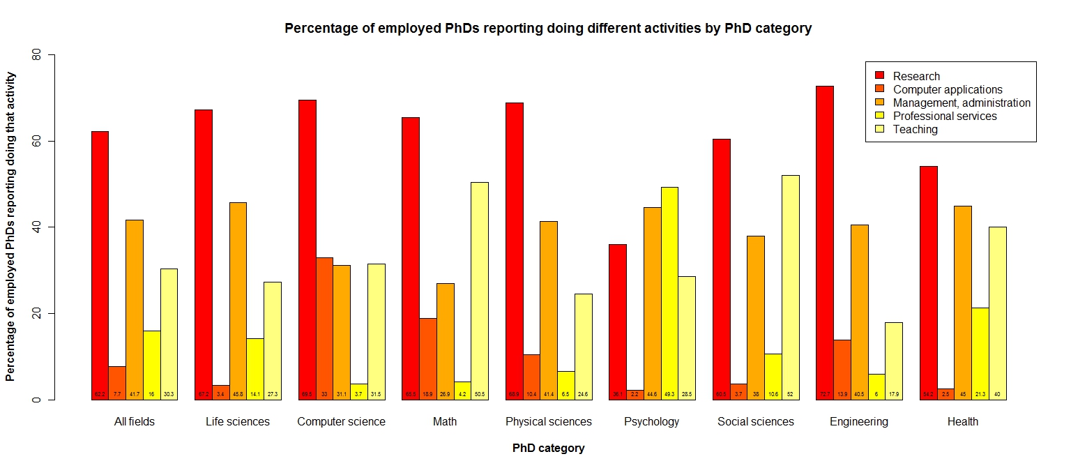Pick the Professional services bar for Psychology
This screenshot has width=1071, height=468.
669,294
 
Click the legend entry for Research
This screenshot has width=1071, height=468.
916,76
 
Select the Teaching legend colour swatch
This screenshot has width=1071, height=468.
879,129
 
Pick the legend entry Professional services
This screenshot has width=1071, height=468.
945,116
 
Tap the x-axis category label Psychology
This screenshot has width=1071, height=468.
651,422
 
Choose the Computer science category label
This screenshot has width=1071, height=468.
341,422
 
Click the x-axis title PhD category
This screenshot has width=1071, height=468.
548,448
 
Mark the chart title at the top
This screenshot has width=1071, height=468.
548,29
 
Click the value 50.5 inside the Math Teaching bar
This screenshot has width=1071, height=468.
480,395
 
